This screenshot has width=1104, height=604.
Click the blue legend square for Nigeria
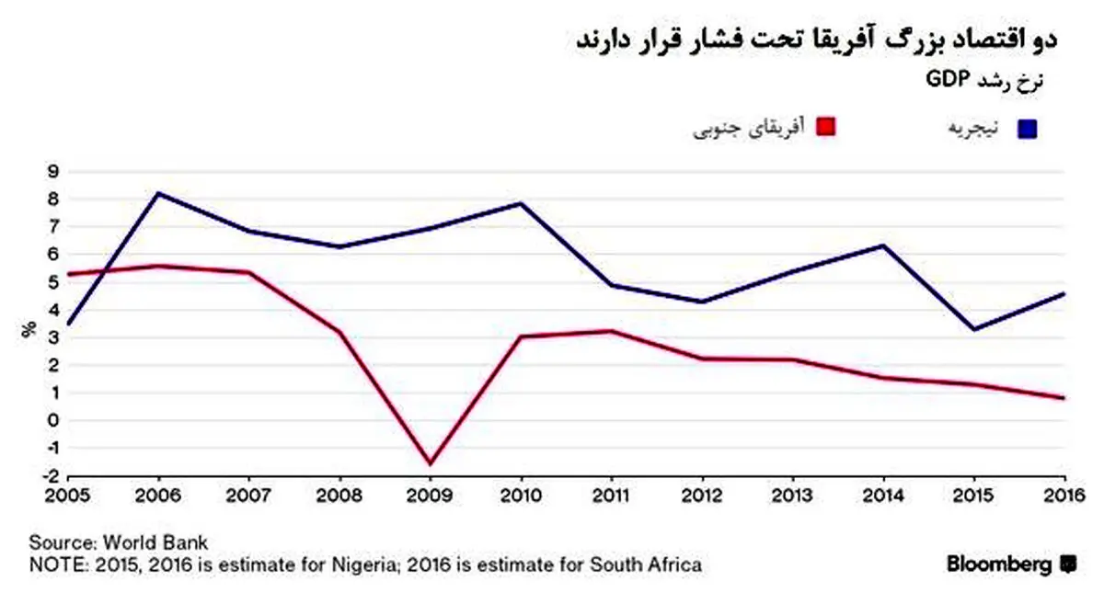[x=1027, y=129]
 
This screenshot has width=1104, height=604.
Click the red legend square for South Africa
[x=825, y=126]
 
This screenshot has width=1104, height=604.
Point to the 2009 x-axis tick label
[x=430, y=496]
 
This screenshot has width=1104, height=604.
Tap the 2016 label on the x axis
[x=1064, y=496]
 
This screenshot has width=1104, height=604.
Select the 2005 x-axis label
[x=67, y=496]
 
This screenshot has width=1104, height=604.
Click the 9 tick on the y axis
[x=52, y=172]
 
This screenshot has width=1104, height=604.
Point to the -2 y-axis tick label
[x=51, y=476]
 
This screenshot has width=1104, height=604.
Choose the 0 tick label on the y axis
[x=52, y=421]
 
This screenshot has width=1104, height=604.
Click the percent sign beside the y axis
[x=29, y=329]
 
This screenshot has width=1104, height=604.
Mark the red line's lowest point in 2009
[x=431, y=463]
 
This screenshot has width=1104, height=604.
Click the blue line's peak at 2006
[x=158, y=193]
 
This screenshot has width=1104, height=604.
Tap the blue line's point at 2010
[x=521, y=203]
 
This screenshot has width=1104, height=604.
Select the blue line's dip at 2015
[x=974, y=329]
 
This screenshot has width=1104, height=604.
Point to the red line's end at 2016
[x=1064, y=398]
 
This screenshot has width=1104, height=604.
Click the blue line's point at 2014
[x=883, y=245]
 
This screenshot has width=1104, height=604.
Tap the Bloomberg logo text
[x=998, y=564]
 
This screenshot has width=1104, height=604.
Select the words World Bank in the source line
[x=155, y=543]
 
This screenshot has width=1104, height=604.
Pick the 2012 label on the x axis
[x=702, y=496]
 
